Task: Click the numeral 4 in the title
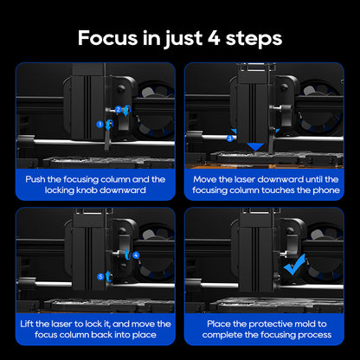tap(214, 38)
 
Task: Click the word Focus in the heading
tap(107, 38)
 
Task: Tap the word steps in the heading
tap(254, 39)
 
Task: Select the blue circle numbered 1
tap(100, 125)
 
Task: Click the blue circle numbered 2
tap(119, 109)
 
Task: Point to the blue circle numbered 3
tap(229, 138)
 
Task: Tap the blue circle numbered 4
tap(136, 255)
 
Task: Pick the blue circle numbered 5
tap(100, 277)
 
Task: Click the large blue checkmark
tap(294, 265)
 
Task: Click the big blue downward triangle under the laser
tap(255, 147)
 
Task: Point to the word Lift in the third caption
tap(27, 324)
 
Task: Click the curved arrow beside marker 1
tap(109, 125)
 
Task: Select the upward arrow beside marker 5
tap(108, 276)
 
